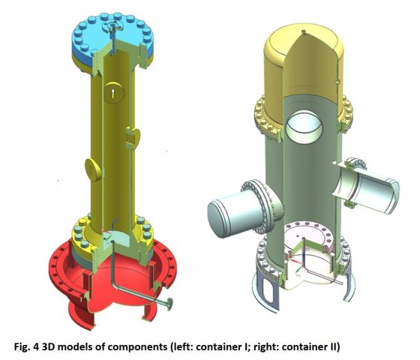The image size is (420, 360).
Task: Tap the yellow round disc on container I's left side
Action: point(93,169)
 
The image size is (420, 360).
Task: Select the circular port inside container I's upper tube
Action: point(114,92)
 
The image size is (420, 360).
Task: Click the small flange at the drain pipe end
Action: point(169,304)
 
